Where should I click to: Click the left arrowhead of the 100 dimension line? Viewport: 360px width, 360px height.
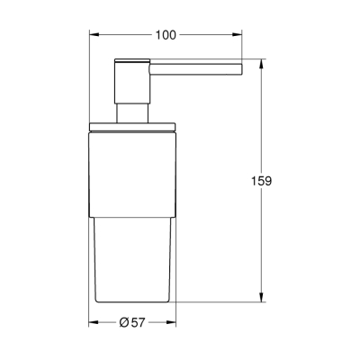point(93,35)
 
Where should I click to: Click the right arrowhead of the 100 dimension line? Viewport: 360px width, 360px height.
point(239,35)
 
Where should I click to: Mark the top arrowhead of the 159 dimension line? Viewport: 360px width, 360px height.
point(261,65)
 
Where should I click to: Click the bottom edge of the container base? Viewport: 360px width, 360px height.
point(134,300)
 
